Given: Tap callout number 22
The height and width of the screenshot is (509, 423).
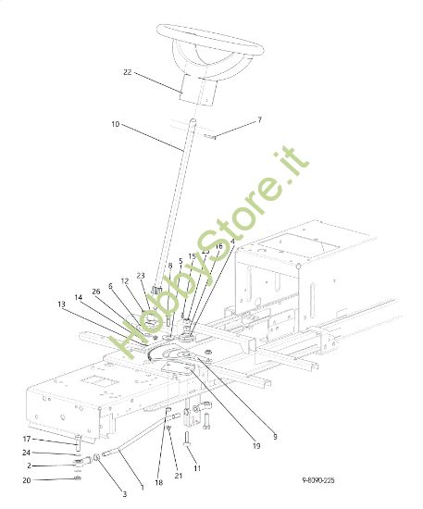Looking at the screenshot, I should pyautogui.click(x=128, y=71).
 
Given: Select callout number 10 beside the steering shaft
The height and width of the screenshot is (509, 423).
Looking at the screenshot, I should pyautogui.click(x=116, y=124).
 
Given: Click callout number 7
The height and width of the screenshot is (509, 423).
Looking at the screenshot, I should pyautogui.click(x=260, y=120).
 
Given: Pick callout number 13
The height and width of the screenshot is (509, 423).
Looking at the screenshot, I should pyautogui.click(x=61, y=304).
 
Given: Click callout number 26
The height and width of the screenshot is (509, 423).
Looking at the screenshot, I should pyautogui.click(x=95, y=292).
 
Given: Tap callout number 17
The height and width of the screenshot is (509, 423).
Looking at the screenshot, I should pyautogui.click(x=27, y=439).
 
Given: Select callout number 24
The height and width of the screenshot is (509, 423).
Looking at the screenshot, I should pyautogui.click(x=28, y=453).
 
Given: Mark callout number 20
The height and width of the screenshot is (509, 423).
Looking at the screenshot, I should pyautogui.click(x=27, y=479).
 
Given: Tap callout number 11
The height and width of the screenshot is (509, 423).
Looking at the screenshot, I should pyautogui.click(x=196, y=469).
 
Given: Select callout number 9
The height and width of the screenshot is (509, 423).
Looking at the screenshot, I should pyautogui.click(x=274, y=436).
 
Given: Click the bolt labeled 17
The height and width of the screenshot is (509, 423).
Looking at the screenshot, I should pyautogui.click(x=78, y=443).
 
